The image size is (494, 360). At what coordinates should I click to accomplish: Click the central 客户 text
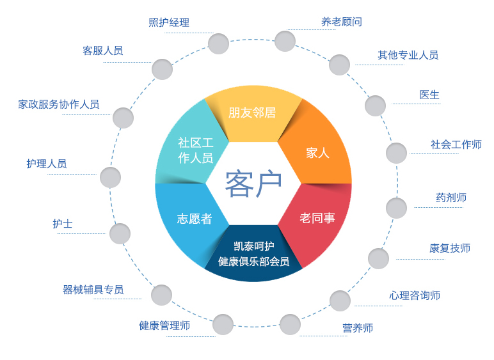pos(253,184)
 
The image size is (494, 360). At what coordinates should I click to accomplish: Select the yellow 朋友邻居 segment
pos(253,114)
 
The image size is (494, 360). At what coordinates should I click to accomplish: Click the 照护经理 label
pos(169,22)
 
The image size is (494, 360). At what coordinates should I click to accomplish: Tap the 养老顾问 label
pos(342,22)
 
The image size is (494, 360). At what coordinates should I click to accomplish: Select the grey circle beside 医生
pos(375,106)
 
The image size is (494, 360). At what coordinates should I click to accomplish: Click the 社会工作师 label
pos(456,145)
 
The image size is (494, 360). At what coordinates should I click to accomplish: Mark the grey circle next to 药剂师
pos(396,208)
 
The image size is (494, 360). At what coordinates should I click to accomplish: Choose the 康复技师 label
pos(450,249)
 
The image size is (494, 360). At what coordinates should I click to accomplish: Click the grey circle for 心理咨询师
pos(340,301)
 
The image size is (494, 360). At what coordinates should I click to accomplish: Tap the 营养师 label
pos(358,328)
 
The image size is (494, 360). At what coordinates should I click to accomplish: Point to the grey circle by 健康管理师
pos(223,324)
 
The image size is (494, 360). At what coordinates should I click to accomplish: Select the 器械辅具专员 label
pos(93,290)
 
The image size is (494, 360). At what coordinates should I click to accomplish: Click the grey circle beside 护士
pos(120,234)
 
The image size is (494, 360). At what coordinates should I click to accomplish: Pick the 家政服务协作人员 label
pos(59,104)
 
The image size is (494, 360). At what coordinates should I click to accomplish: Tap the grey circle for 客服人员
pos(163,69)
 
